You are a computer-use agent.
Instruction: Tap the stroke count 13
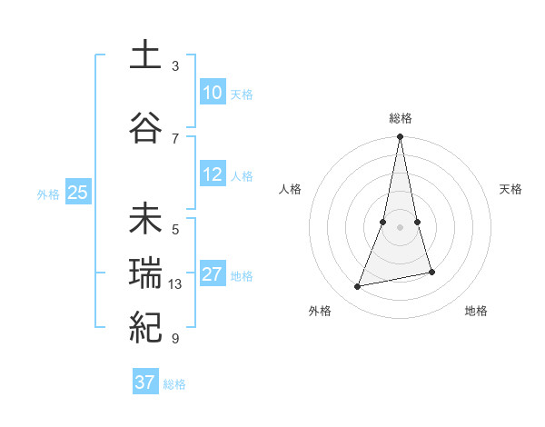tap(175, 284)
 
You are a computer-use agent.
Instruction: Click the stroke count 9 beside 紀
tap(175, 339)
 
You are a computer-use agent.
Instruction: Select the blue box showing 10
tap(213, 93)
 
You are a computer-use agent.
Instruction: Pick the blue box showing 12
tap(213, 174)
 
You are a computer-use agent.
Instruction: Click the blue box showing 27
tap(213, 274)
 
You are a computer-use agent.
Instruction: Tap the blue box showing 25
tap(77, 193)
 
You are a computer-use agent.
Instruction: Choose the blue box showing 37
tap(144, 382)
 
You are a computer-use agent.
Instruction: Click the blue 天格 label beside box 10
tap(242, 94)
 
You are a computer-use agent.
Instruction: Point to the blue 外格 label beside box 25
tap(48, 194)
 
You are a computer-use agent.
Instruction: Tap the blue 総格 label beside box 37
tap(174, 383)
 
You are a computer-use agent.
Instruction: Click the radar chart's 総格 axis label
tap(400, 118)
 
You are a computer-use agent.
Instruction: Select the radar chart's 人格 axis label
tap(290, 189)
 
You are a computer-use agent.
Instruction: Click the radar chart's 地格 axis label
tap(476, 311)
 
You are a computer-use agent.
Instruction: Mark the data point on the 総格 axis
tap(400, 137)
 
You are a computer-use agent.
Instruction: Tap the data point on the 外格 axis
tap(358, 287)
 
